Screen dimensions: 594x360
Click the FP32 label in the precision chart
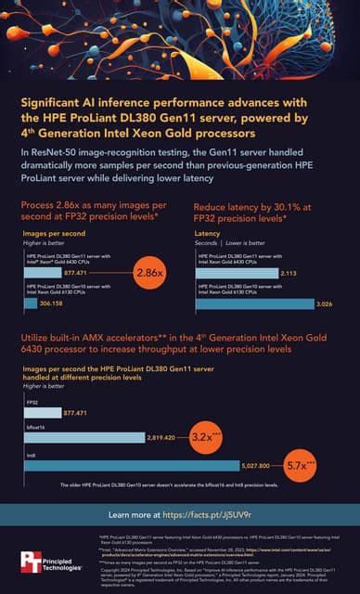(32, 403)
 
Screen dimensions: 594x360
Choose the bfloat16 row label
(36, 423)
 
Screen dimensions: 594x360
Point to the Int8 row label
(32, 454)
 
